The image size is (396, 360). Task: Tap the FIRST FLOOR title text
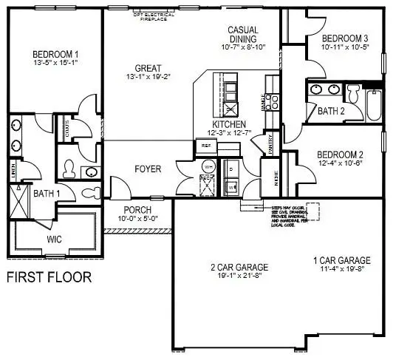(x=49, y=279)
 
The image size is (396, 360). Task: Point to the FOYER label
(x=147, y=169)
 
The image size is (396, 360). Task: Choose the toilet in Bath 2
(x=352, y=95)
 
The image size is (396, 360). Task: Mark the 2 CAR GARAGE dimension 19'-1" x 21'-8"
(x=238, y=276)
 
